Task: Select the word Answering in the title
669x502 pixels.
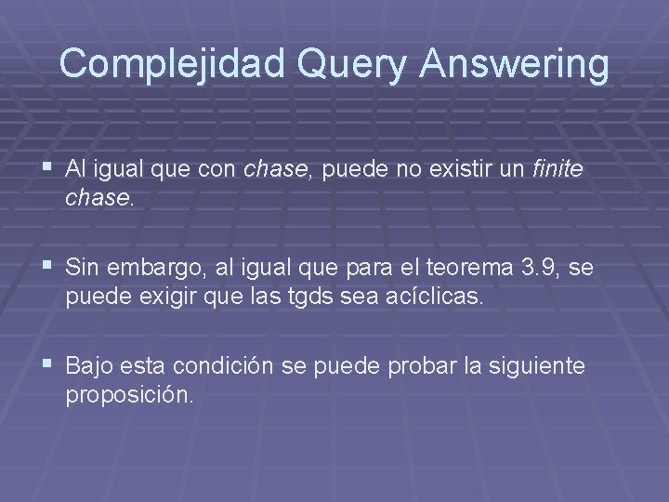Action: point(517,63)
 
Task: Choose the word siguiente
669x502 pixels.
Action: point(540,366)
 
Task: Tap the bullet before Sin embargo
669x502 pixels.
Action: point(47,268)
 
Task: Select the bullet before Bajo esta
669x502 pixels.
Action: point(47,365)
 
